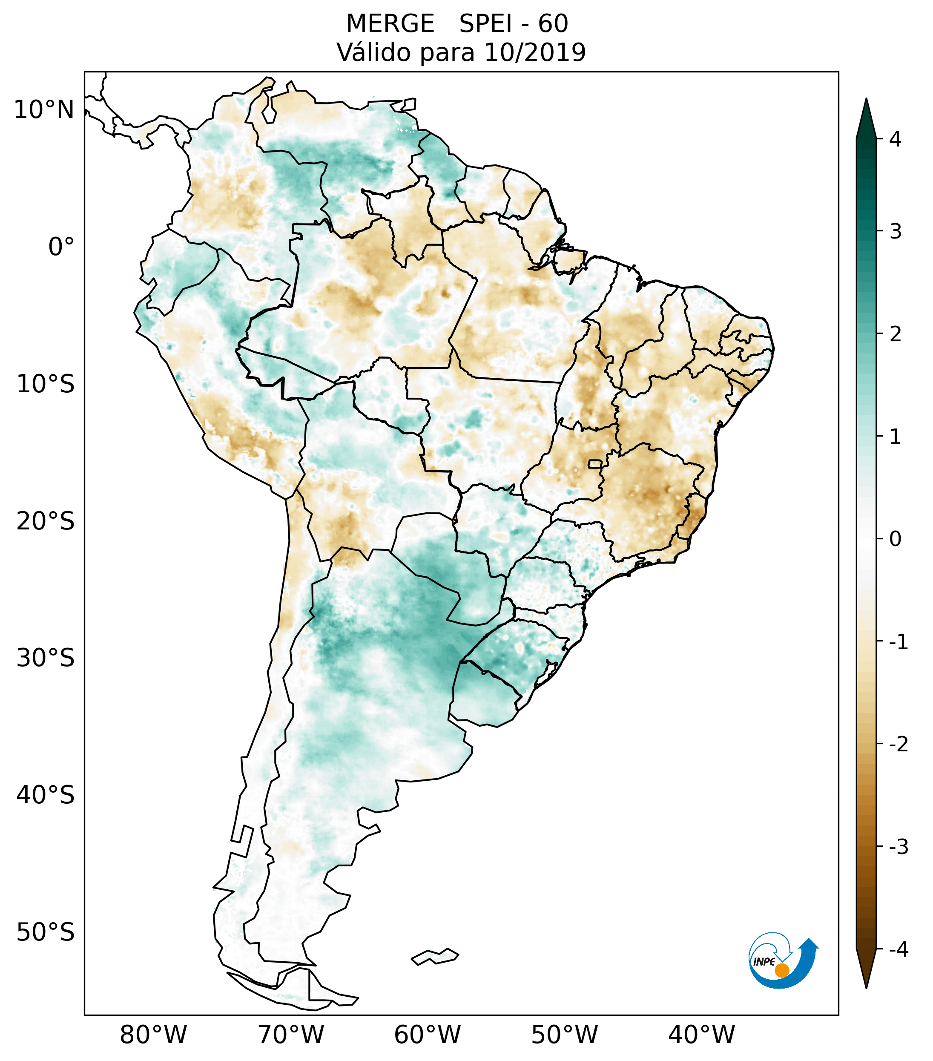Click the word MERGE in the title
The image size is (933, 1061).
click(390, 24)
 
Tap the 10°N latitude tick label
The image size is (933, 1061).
click(44, 110)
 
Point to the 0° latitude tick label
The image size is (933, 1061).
click(61, 247)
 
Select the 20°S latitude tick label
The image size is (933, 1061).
click(46, 520)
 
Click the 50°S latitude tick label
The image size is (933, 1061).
click(46, 932)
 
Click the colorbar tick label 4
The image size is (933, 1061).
click(895, 139)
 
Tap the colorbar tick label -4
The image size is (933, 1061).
click(898, 950)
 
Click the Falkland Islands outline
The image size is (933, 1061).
click(435, 956)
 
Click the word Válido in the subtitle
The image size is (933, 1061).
click(375, 52)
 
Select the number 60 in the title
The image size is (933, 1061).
click(553, 24)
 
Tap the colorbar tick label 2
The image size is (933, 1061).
click(895, 334)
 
